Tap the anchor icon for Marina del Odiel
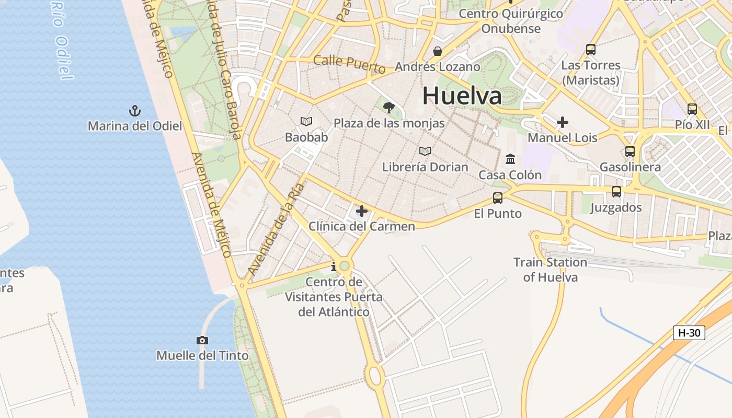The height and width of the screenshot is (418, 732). click(135, 111)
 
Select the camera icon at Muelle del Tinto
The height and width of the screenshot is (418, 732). click(202, 341)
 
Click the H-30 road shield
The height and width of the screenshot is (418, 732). click(689, 333)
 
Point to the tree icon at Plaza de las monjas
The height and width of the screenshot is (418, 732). click(388, 108)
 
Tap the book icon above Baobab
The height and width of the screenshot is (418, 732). click(306, 122)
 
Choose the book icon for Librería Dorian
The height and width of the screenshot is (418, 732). click(425, 152)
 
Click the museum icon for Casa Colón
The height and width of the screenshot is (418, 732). click(510, 159)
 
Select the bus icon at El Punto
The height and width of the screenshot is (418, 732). click(498, 198)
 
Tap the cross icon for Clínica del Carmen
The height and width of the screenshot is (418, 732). click(361, 211)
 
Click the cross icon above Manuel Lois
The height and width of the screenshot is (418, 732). click(563, 122)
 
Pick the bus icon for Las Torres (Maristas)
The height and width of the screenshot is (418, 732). click(591, 50)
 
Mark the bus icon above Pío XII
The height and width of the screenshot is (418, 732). click(692, 109)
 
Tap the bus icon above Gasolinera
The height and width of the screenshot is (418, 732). click(630, 152)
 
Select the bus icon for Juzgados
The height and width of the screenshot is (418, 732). click(616, 192)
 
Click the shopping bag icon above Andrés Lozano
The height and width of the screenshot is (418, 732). click(438, 51)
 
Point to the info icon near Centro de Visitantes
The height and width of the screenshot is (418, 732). click(334, 267)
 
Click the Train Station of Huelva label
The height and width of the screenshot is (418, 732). click(550, 270)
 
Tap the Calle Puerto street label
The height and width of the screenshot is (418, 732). click(349, 64)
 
